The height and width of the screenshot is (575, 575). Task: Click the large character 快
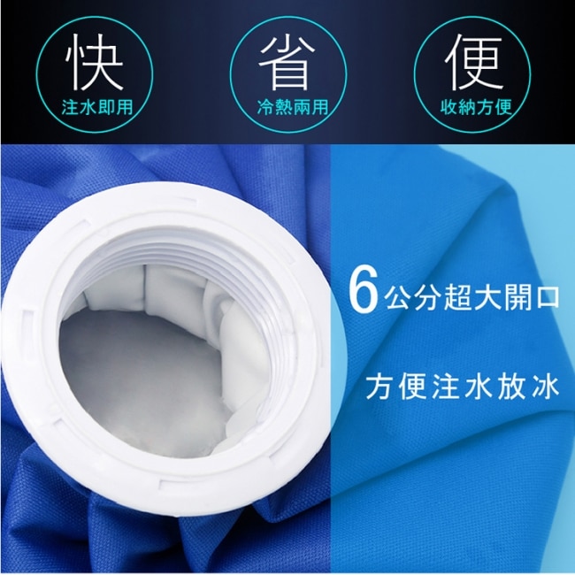click(x=95, y=62)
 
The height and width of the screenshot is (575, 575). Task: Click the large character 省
click(x=287, y=62)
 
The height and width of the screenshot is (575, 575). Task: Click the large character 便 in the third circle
click(x=474, y=62)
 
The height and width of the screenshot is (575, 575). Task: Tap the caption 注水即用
click(x=97, y=107)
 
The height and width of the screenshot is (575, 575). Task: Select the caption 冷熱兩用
click(x=292, y=107)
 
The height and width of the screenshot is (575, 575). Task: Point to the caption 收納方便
click(x=476, y=106)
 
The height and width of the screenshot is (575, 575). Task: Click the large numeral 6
click(x=363, y=295)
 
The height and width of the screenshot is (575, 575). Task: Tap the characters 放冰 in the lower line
click(x=528, y=387)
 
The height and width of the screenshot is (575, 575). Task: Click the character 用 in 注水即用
click(x=125, y=107)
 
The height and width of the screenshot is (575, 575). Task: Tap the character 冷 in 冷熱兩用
click(x=265, y=107)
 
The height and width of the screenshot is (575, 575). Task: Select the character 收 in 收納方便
click(x=448, y=106)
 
